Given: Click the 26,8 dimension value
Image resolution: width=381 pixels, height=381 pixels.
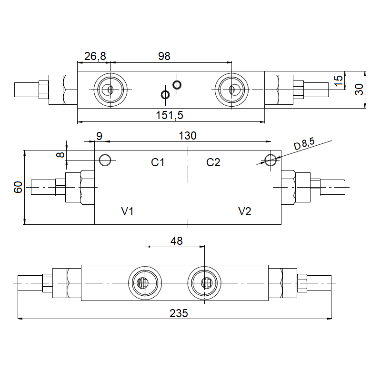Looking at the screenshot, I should pyautogui.click(x=95, y=56).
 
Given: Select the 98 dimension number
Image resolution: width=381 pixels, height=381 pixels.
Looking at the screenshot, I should pyautogui.click(x=164, y=56).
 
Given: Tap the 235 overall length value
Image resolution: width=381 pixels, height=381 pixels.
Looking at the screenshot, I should pyautogui.click(x=179, y=313).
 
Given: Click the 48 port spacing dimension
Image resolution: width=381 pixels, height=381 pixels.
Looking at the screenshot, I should pyautogui.click(x=176, y=241).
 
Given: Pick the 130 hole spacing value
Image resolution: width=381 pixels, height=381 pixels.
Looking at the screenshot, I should pyautogui.click(x=188, y=136).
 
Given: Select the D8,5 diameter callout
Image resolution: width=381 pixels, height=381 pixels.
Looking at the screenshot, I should pyautogui.click(x=304, y=144).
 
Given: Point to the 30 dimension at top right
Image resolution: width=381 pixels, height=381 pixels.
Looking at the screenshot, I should pyautogui.click(x=360, y=89).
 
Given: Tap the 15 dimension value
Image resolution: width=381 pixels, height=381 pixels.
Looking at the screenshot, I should pyautogui.click(x=339, y=80).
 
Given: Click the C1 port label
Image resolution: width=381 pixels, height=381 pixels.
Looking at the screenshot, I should pyautogui.click(x=158, y=162).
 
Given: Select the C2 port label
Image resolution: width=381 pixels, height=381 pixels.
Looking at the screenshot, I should pyautogui.click(x=213, y=162).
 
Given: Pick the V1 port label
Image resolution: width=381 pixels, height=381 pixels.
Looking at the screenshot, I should pyautogui.click(x=127, y=211).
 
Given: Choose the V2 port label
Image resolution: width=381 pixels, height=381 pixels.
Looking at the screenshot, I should pyautogui.click(x=244, y=211).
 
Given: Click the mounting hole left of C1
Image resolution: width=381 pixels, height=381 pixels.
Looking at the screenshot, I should pyautogui.click(x=105, y=160).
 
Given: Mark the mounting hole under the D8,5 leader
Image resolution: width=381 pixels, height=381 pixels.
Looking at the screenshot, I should pyautogui.click(x=271, y=160).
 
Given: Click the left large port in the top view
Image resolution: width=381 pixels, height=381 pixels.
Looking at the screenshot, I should pyautogui.click(x=110, y=90).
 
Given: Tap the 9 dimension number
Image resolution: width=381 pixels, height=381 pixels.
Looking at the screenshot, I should pyautogui.click(x=99, y=136).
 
